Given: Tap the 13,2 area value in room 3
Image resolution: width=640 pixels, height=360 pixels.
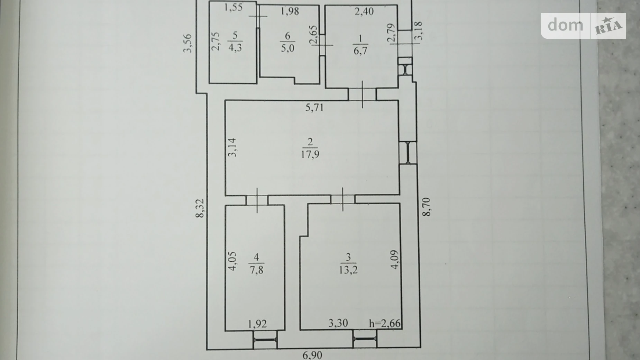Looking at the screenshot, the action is click(x=348, y=270).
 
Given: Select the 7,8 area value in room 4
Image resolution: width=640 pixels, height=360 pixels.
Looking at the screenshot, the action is click(x=256, y=269).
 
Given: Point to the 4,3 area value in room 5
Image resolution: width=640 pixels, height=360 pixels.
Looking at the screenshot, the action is click(x=235, y=47).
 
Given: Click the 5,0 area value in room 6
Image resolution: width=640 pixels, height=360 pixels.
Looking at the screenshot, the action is click(x=288, y=48).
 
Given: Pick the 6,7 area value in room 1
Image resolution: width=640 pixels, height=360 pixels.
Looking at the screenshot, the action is click(x=360, y=51).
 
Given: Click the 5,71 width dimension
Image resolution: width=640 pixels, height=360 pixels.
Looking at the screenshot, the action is click(x=314, y=108).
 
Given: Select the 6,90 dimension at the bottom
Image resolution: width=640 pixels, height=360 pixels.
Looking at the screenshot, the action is click(x=313, y=355).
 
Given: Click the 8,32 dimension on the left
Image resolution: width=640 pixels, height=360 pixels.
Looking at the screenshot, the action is click(x=200, y=208).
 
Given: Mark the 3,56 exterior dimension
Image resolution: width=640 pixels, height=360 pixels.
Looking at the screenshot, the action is click(x=187, y=43).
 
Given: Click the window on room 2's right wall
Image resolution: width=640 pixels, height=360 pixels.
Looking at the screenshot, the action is click(x=408, y=153).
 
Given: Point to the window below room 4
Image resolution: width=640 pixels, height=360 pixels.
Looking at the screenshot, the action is click(x=265, y=340).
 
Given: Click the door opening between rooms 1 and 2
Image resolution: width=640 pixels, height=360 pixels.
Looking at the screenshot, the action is click(x=362, y=94).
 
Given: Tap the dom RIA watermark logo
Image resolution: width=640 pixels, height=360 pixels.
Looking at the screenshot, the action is click(x=583, y=26).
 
